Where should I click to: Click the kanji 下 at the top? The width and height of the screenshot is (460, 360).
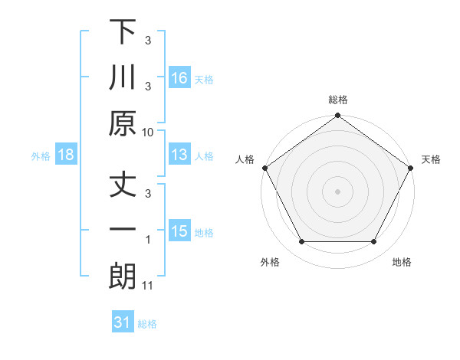(123, 34)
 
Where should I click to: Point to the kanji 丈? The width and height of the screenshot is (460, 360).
(123, 186)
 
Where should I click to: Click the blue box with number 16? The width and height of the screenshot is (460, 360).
(179, 77)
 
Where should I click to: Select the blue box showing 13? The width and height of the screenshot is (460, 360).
(179, 155)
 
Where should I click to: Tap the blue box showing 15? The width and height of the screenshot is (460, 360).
(179, 231)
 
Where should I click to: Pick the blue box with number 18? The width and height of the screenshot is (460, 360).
(66, 155)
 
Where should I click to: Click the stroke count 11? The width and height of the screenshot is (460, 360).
(148, 286)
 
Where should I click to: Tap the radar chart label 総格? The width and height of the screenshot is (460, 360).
(337, 100)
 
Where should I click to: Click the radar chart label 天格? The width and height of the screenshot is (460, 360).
(431, 159)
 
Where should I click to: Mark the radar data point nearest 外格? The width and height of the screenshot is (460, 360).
(301, 242)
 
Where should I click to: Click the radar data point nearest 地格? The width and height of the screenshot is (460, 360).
(374, 242)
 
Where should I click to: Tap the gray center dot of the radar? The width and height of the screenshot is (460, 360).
(337, 191)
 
